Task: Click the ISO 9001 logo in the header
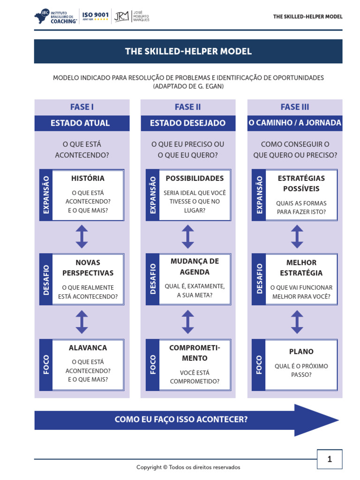pyautogui.click(x=95, y=17)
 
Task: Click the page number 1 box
pyautogui.click(x=330, y=459)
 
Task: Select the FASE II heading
pyautogui.click(x=187, y=107)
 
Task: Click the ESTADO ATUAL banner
pyautogui.click(x=80, y=123)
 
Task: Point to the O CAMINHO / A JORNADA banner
pyautogui.click(x=294, y=123)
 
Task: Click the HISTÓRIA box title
pyautogui.click(x=88, y=178)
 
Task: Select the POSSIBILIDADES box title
pyautogui.click(x=195, y=178)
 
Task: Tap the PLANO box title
pyautogui.click(x=301, y=352)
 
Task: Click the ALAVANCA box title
pyautogui.click(x=88, y=348)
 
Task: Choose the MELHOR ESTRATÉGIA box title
pyautogui.click(x=301, y=268)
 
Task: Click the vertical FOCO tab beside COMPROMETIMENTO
pyautogui.click(x=153, y=365)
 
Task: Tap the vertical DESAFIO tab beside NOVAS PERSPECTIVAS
pyautogui.click(x=46, y=279)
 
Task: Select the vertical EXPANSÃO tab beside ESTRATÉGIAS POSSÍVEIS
pyautogui.click(x=259, y=195)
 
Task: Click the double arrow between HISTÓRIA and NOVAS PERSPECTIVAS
pyautogui.click(x=82, y=237)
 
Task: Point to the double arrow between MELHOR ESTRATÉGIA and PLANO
pyautogui.click(x=297, y=322)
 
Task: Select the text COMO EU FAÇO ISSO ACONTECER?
pyautogui.click(x=181, y=420)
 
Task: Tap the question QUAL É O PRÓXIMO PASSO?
pyautogui.click(x=301, y=370)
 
